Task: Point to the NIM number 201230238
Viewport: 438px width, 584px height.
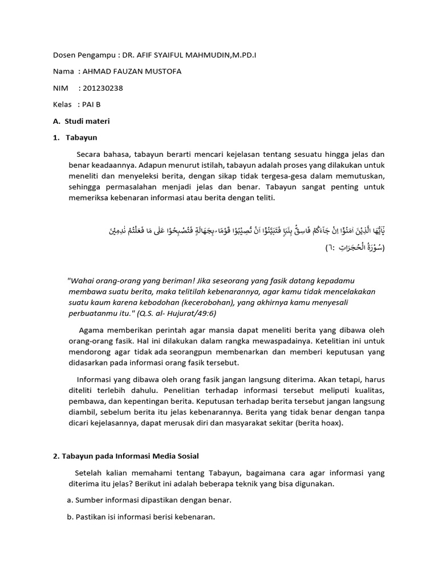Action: pos(103,88)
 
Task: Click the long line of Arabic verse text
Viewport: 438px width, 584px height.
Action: pos(246,230)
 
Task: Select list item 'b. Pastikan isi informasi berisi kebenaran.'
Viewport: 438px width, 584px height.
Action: pos(141,517)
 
